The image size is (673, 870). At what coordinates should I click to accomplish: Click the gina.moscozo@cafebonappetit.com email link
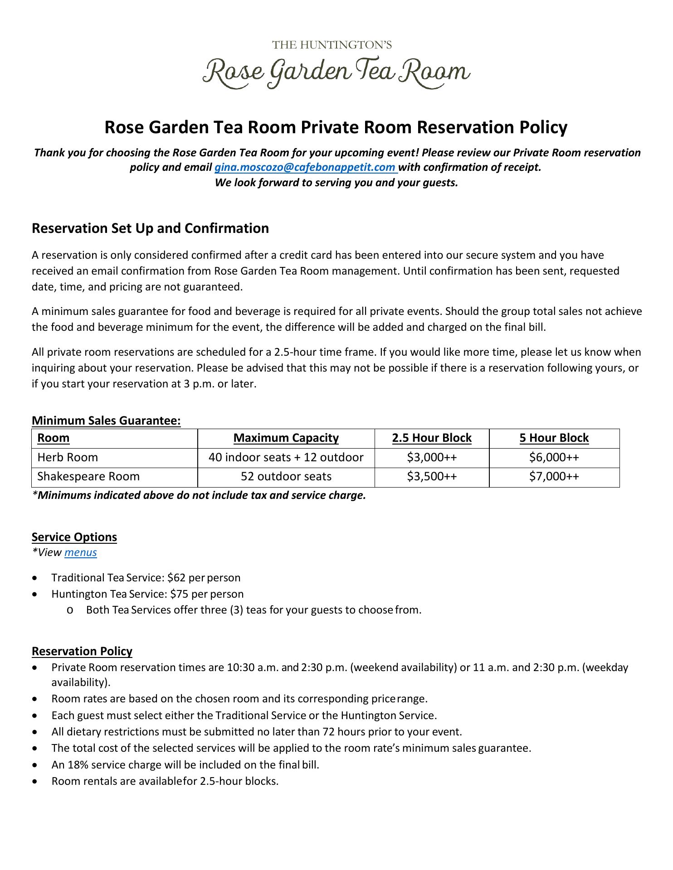pyautogui.click(x=305, y=167)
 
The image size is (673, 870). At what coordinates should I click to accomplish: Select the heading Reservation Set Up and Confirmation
pyautogui.click(x=150, y=228)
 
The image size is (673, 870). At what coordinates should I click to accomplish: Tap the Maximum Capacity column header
pyautogui.click(x=286, y=438)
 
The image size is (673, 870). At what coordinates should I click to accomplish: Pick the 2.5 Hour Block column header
pyautogui.click(x=432, y=438)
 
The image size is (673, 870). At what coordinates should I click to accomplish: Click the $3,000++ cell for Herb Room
pyautogui.click(x=432, y=457)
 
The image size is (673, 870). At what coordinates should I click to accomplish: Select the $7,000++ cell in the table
pyautogui.click(x=554, y=477)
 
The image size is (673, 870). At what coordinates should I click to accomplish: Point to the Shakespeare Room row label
pyautogui.click(x=88, y=477)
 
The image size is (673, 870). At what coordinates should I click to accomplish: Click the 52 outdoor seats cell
pyautogui.click(x=286, y=477)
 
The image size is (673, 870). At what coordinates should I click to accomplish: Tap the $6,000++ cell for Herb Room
pyautogui.click(x=554, y=457)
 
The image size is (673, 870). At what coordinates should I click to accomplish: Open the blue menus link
pyautogui.click(x=81, y=552)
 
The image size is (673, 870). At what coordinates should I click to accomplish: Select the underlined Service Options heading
pyautogui.click(x=74, y=537)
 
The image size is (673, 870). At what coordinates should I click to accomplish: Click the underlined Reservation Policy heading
pyautogui.click(x=82, y=651)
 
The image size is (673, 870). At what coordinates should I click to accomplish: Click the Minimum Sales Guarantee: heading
pyautogui.click(x=106, y=421)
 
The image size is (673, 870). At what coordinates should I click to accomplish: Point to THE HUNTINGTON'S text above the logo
pyautogui.click(x=332, y=45)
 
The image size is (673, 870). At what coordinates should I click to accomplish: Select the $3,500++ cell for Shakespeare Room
pyautogui.click(x=432, y=477)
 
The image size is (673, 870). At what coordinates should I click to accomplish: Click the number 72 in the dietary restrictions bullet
pyautogui.click(x=329, y=732)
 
